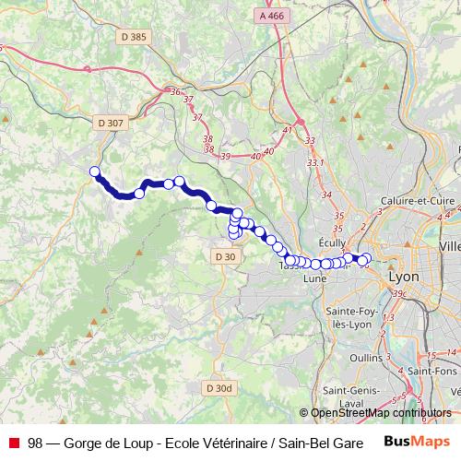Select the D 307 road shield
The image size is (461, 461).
click(109, 122)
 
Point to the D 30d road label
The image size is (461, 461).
click(219, 389)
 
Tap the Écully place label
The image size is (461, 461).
click(332, 235)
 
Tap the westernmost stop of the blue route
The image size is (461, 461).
click(94, 171)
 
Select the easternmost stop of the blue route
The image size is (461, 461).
click(367, 258)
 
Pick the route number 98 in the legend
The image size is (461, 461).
click(35, 442)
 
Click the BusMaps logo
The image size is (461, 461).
click(416, 442)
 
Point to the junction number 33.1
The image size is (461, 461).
click(316, 162)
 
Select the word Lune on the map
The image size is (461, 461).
click(314, 278)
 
